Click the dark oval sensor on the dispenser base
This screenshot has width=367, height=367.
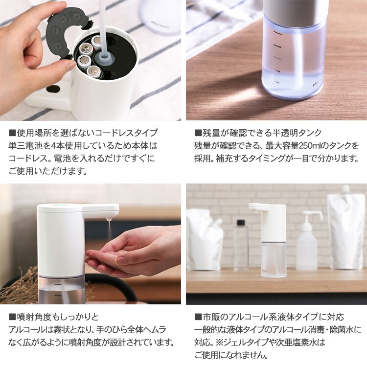point(53,89)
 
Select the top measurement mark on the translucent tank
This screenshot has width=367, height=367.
point(278,33)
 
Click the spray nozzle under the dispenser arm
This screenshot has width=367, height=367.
point(108,220)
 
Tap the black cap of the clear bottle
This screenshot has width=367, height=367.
point(241,223)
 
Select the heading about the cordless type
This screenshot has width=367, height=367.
point(83,133)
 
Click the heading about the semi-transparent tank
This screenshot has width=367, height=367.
point(258,133)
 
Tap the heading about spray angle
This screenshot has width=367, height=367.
point(54,317)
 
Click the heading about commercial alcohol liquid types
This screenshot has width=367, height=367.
point(269,317)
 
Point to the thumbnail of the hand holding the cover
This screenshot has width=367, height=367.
point(91,60)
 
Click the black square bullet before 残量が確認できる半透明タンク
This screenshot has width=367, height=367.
point(198,133)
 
